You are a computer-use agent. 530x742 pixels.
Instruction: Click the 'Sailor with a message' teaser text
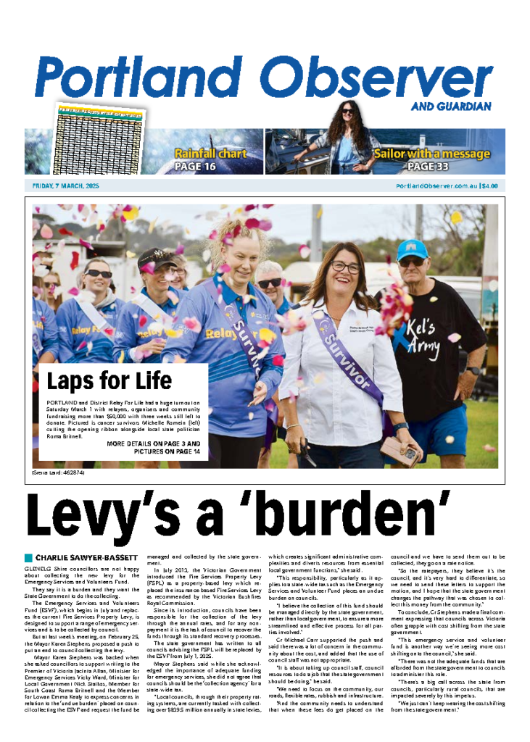click(x=431, y=154)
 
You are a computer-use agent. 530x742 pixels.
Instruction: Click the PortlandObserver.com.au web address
click(x=436, y=186)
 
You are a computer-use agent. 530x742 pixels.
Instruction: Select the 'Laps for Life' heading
click(x=109, y=380)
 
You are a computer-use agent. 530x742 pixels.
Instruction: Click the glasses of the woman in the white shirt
click(x=346, y=267)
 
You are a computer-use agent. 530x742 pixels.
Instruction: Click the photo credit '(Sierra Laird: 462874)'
click(x=62, y=473)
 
